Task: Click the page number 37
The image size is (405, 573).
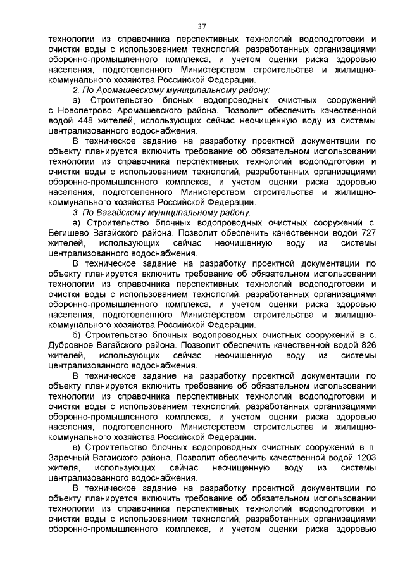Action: [202, 26]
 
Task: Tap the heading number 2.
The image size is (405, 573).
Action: [75, 91]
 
